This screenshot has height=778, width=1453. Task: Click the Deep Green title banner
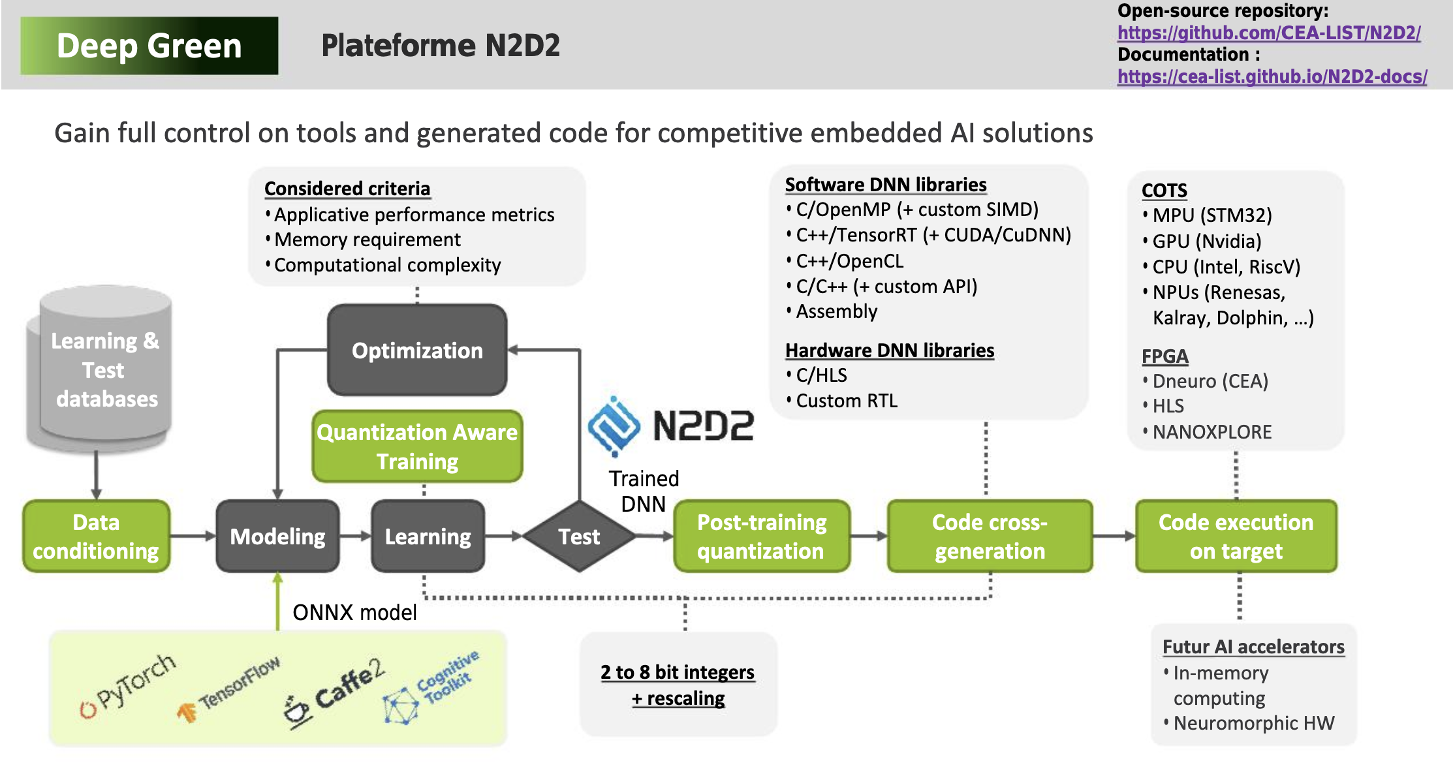coord(149,46)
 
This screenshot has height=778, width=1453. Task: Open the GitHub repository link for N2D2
coord(1268,33)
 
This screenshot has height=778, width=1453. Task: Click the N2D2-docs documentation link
coord(1272,76)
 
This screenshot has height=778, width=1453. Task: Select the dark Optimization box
coord(417,350)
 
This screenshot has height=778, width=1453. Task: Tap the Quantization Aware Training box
coord(417,446)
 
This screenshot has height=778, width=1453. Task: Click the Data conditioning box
coord(96,537)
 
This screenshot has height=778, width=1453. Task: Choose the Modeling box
coord(277,537)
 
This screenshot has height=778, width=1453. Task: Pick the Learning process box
coord(428,537)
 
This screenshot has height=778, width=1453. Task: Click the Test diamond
coord(579,537)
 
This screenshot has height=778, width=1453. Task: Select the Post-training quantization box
coord(761,537)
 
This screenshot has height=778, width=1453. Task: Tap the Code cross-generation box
coord(990,537)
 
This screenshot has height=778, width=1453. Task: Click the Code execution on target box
coord(1236,537)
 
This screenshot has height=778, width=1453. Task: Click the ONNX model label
coord(354,612)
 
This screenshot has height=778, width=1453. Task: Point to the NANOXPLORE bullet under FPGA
coord(1211,432)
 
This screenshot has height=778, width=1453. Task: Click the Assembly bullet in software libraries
coord(836,311)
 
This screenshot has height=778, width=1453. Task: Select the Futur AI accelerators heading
coord(1253,647)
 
